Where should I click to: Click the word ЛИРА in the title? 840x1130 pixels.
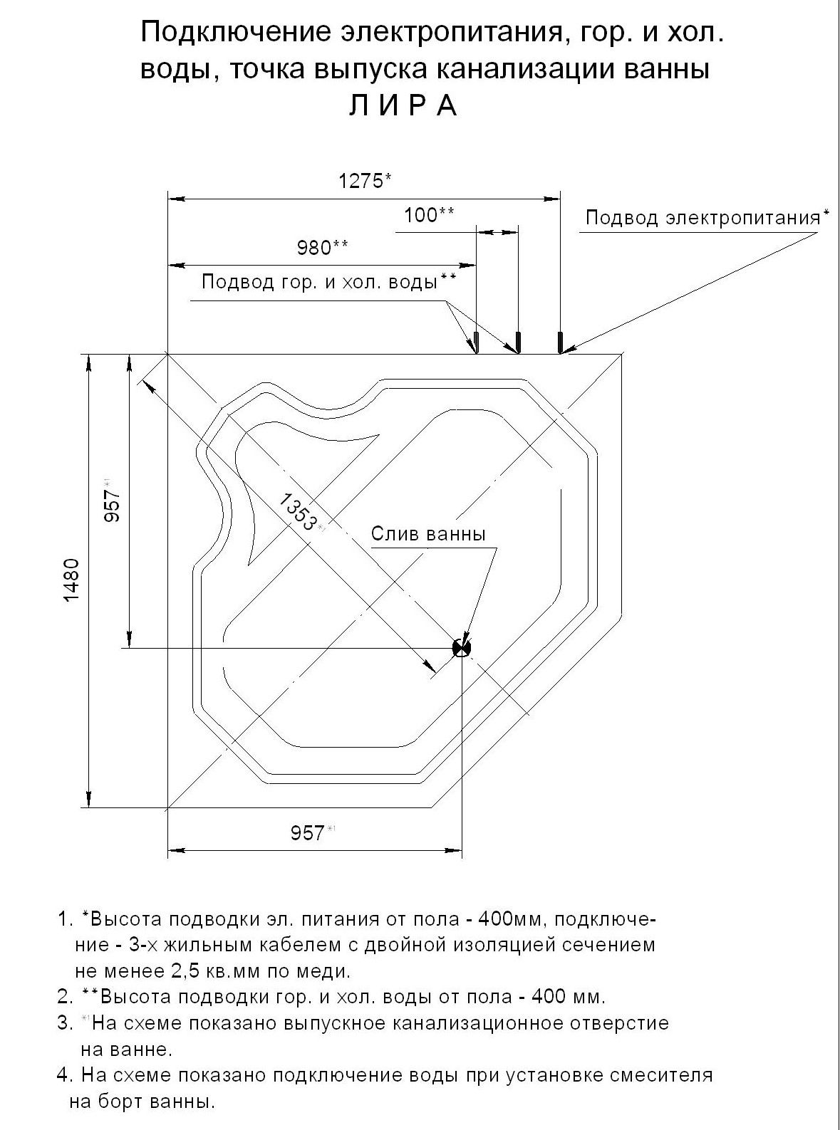pyautogui.click(x=403, y=105)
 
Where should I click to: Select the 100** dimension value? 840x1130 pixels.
pyautogui.click(x=430, y=214)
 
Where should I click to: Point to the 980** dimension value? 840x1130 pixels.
pyautogui.click(x=322, y=247)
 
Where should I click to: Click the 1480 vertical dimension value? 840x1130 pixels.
pyautogui.click(x=73, y=580)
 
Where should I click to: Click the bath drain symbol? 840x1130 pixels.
pyautogui.click(x=462, y=647)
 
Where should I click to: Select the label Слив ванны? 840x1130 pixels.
pyautogui.click(x=428, y=534)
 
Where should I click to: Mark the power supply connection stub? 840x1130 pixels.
pyautogui.click(x=561, y=342)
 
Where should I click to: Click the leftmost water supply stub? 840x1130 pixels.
pyautogui.click(x=476, y=342)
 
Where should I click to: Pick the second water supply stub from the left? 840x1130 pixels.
pyautogui.click(x=518, y=342)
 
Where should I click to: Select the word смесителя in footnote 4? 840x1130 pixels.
pyautogui.click(x=666, y=1074)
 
